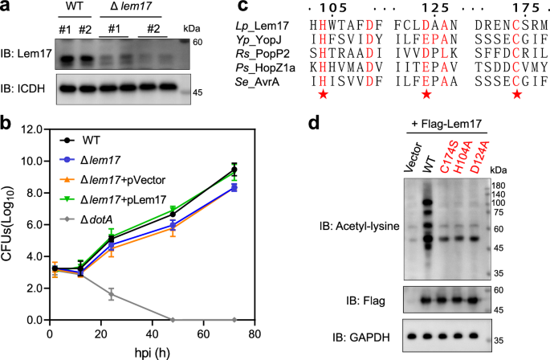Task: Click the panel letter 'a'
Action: [x=6, y=7]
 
